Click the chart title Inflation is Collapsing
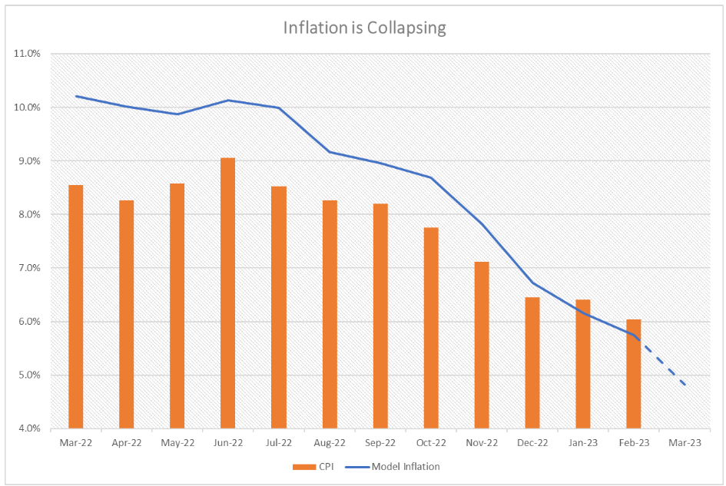[364, 28]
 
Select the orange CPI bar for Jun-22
[227, 293]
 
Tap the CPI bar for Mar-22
[75, 306]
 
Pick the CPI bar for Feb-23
[633, 374]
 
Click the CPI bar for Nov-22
[481, 345]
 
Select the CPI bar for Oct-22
[430, 328]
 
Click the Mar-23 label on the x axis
[684, 442]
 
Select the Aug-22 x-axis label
[329, 442]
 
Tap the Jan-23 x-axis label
[582, 442]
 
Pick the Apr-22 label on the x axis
[126, 442]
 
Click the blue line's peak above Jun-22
[227, 101]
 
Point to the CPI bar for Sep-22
[380, 316]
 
